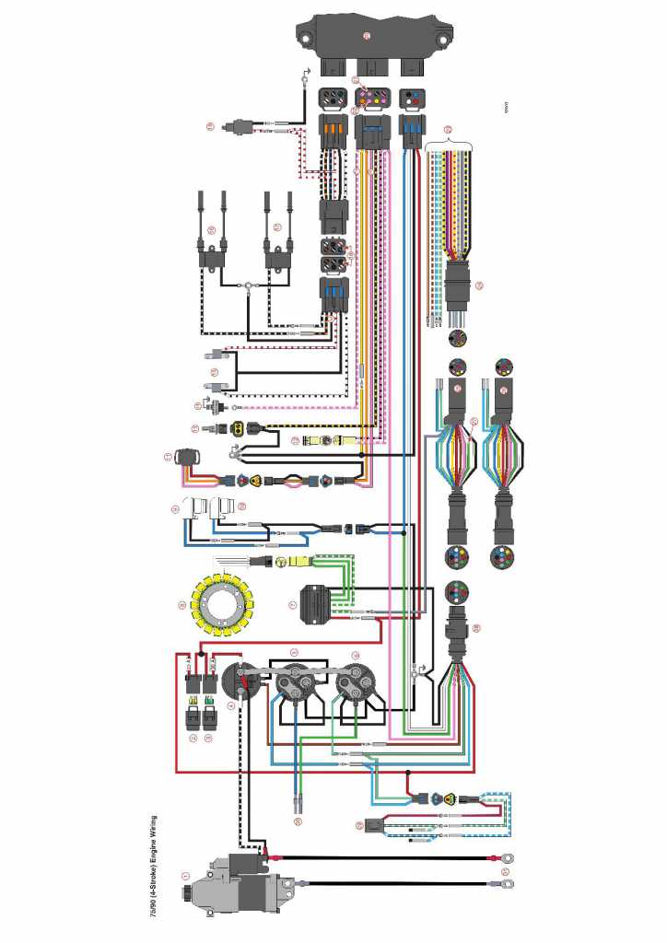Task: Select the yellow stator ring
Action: tap(221, 605)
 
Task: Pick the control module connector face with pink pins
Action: tap(371, 97)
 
